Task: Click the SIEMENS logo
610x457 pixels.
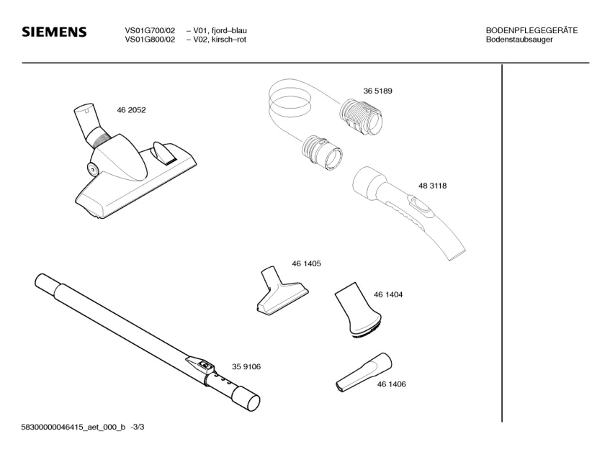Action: [54, 32]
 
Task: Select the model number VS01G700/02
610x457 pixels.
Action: [150, 30]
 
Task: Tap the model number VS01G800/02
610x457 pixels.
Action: [150, 39]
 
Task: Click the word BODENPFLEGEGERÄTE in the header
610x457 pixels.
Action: [531, 30]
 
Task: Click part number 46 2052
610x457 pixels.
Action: [131, 110]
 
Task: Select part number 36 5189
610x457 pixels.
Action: [377, 91]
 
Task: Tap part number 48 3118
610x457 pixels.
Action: [432, 186]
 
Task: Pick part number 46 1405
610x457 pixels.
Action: [306, 264]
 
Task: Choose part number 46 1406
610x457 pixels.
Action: [391, 384]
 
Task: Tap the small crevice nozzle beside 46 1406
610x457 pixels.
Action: [362, 372]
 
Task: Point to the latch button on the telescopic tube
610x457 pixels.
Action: [206, 365]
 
